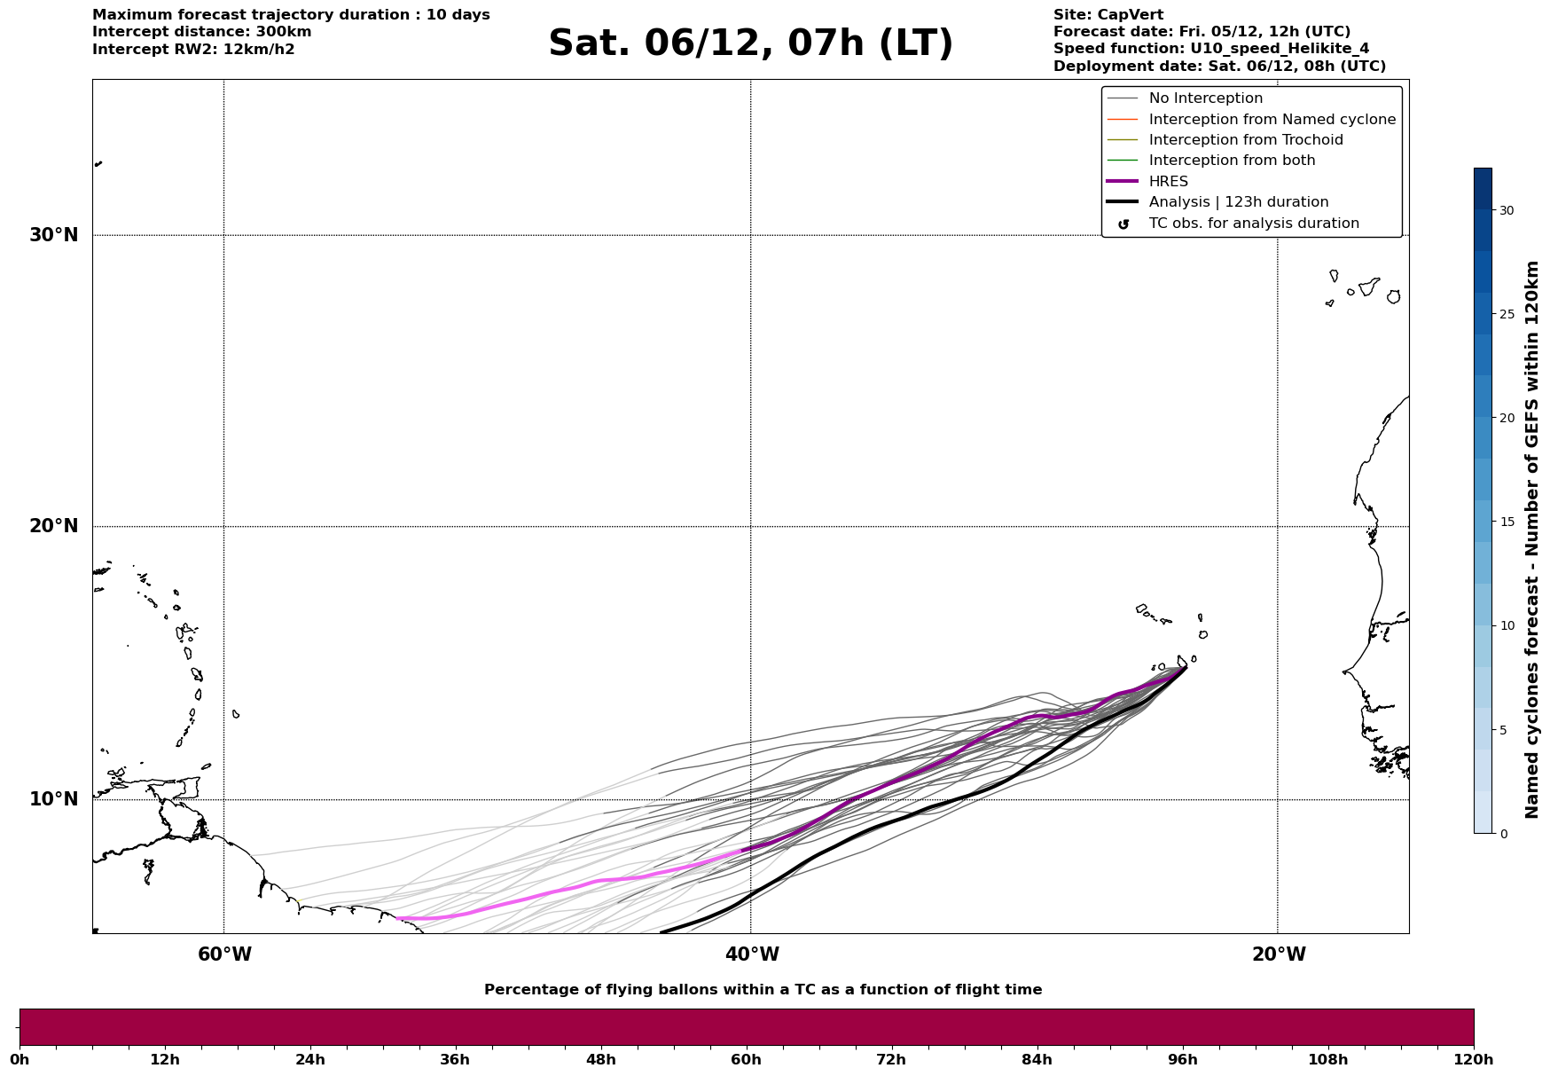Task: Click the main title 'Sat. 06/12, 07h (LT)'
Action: (x=750, y=43)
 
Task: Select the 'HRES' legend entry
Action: (x=1169, y=182)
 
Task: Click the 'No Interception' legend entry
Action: (x=1206, y=98)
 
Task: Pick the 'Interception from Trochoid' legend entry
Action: (x=1246, y=140)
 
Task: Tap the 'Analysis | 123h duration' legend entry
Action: (x=1239, y=202)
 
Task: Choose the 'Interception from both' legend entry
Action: (x=1233, y=161)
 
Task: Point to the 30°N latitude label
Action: (x=54, y=235)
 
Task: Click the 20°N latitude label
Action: (x=54, y=526)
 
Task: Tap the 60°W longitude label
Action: (x=224, y=954)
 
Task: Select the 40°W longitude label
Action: (x=752, y=954)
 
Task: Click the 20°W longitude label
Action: (x=1279, y=954)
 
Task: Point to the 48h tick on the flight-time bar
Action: (x=600, y=1060)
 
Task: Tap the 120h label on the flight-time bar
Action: (x=1474, y=1060)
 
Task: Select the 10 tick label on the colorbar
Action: (x=1507, y=625)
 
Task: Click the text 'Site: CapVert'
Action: (x=1108, y=15)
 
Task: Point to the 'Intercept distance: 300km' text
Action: (x=202, y=32)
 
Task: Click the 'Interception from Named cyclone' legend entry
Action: (x=1272, y=120)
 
